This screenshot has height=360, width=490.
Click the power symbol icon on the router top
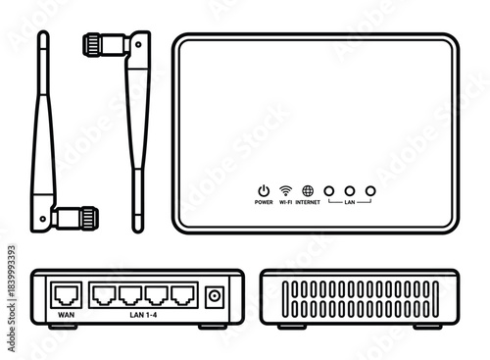263,190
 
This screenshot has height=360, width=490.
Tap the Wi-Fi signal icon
285,190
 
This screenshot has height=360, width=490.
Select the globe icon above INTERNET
308,190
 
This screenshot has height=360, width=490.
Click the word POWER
263,202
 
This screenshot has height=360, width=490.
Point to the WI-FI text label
285,202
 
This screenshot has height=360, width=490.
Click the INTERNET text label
308,202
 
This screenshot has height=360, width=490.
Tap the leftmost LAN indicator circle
329,190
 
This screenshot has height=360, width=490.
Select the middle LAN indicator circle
350,190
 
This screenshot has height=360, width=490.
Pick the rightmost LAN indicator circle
370,190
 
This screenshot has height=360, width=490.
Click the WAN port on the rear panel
66,293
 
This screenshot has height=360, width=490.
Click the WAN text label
66,315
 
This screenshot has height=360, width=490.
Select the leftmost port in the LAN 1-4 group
104,293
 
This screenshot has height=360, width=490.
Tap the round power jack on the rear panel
216,293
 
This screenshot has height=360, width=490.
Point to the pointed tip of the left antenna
43,36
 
